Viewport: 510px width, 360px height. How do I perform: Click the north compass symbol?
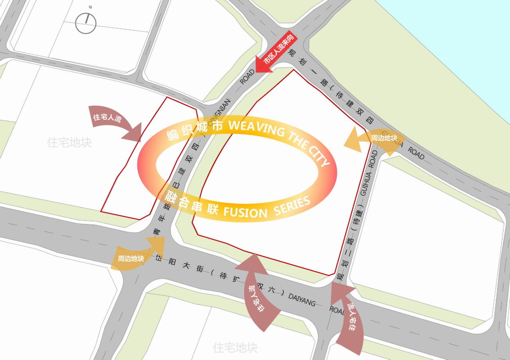pyautogui.click(x=86, y=23)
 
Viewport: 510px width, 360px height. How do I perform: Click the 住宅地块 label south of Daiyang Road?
pyautogui.click(x=235, y=347)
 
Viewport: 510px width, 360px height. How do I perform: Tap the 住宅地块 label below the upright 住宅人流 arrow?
pyautogui.click(x=69, y=143)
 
